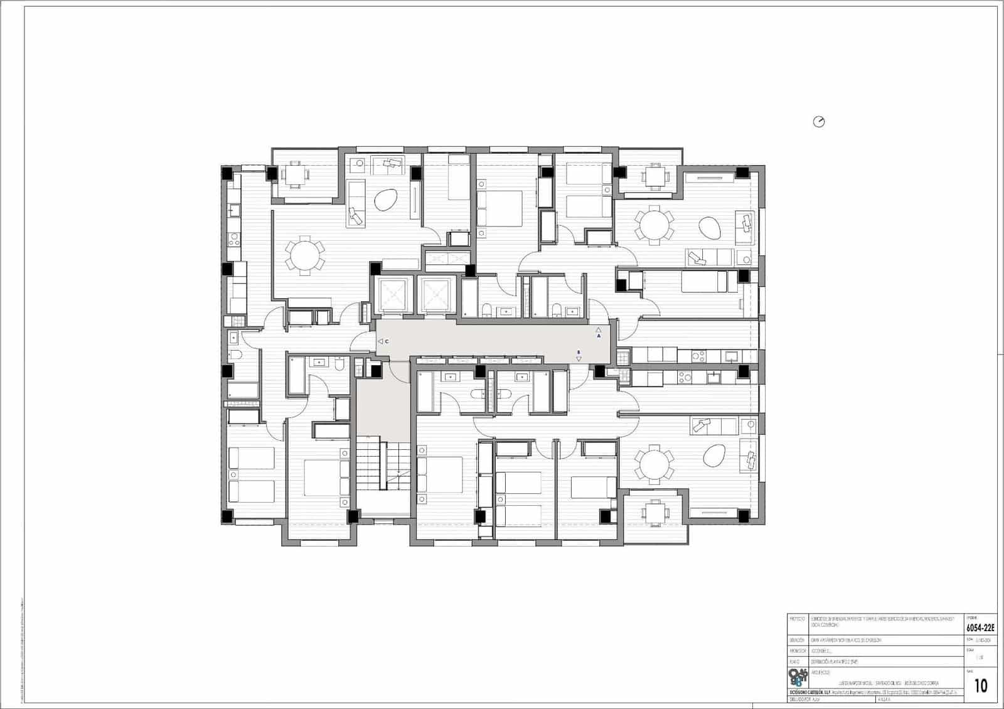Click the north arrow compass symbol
pyautogui.click(x=818, y=122)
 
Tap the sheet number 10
pyautogui.click(x=981, y=685)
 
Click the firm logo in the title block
pyautogui.click(x=798, y=678)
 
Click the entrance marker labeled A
pyautogui.click(x=599, y=333)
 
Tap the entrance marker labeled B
pyautogui.click(x=579, y=356)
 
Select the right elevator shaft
pyautogui.click(x=437, y=293)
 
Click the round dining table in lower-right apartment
pyautogui.click(x=653, y=465)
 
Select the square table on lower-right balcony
pyautogui.click(x=653, y=513)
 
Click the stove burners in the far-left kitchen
pyautogui.click(x=233, y=238)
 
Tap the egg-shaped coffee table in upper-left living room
pyautogui.click(x=385, y=201)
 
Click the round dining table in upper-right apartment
pyautogui.click(x=654, y=225)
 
